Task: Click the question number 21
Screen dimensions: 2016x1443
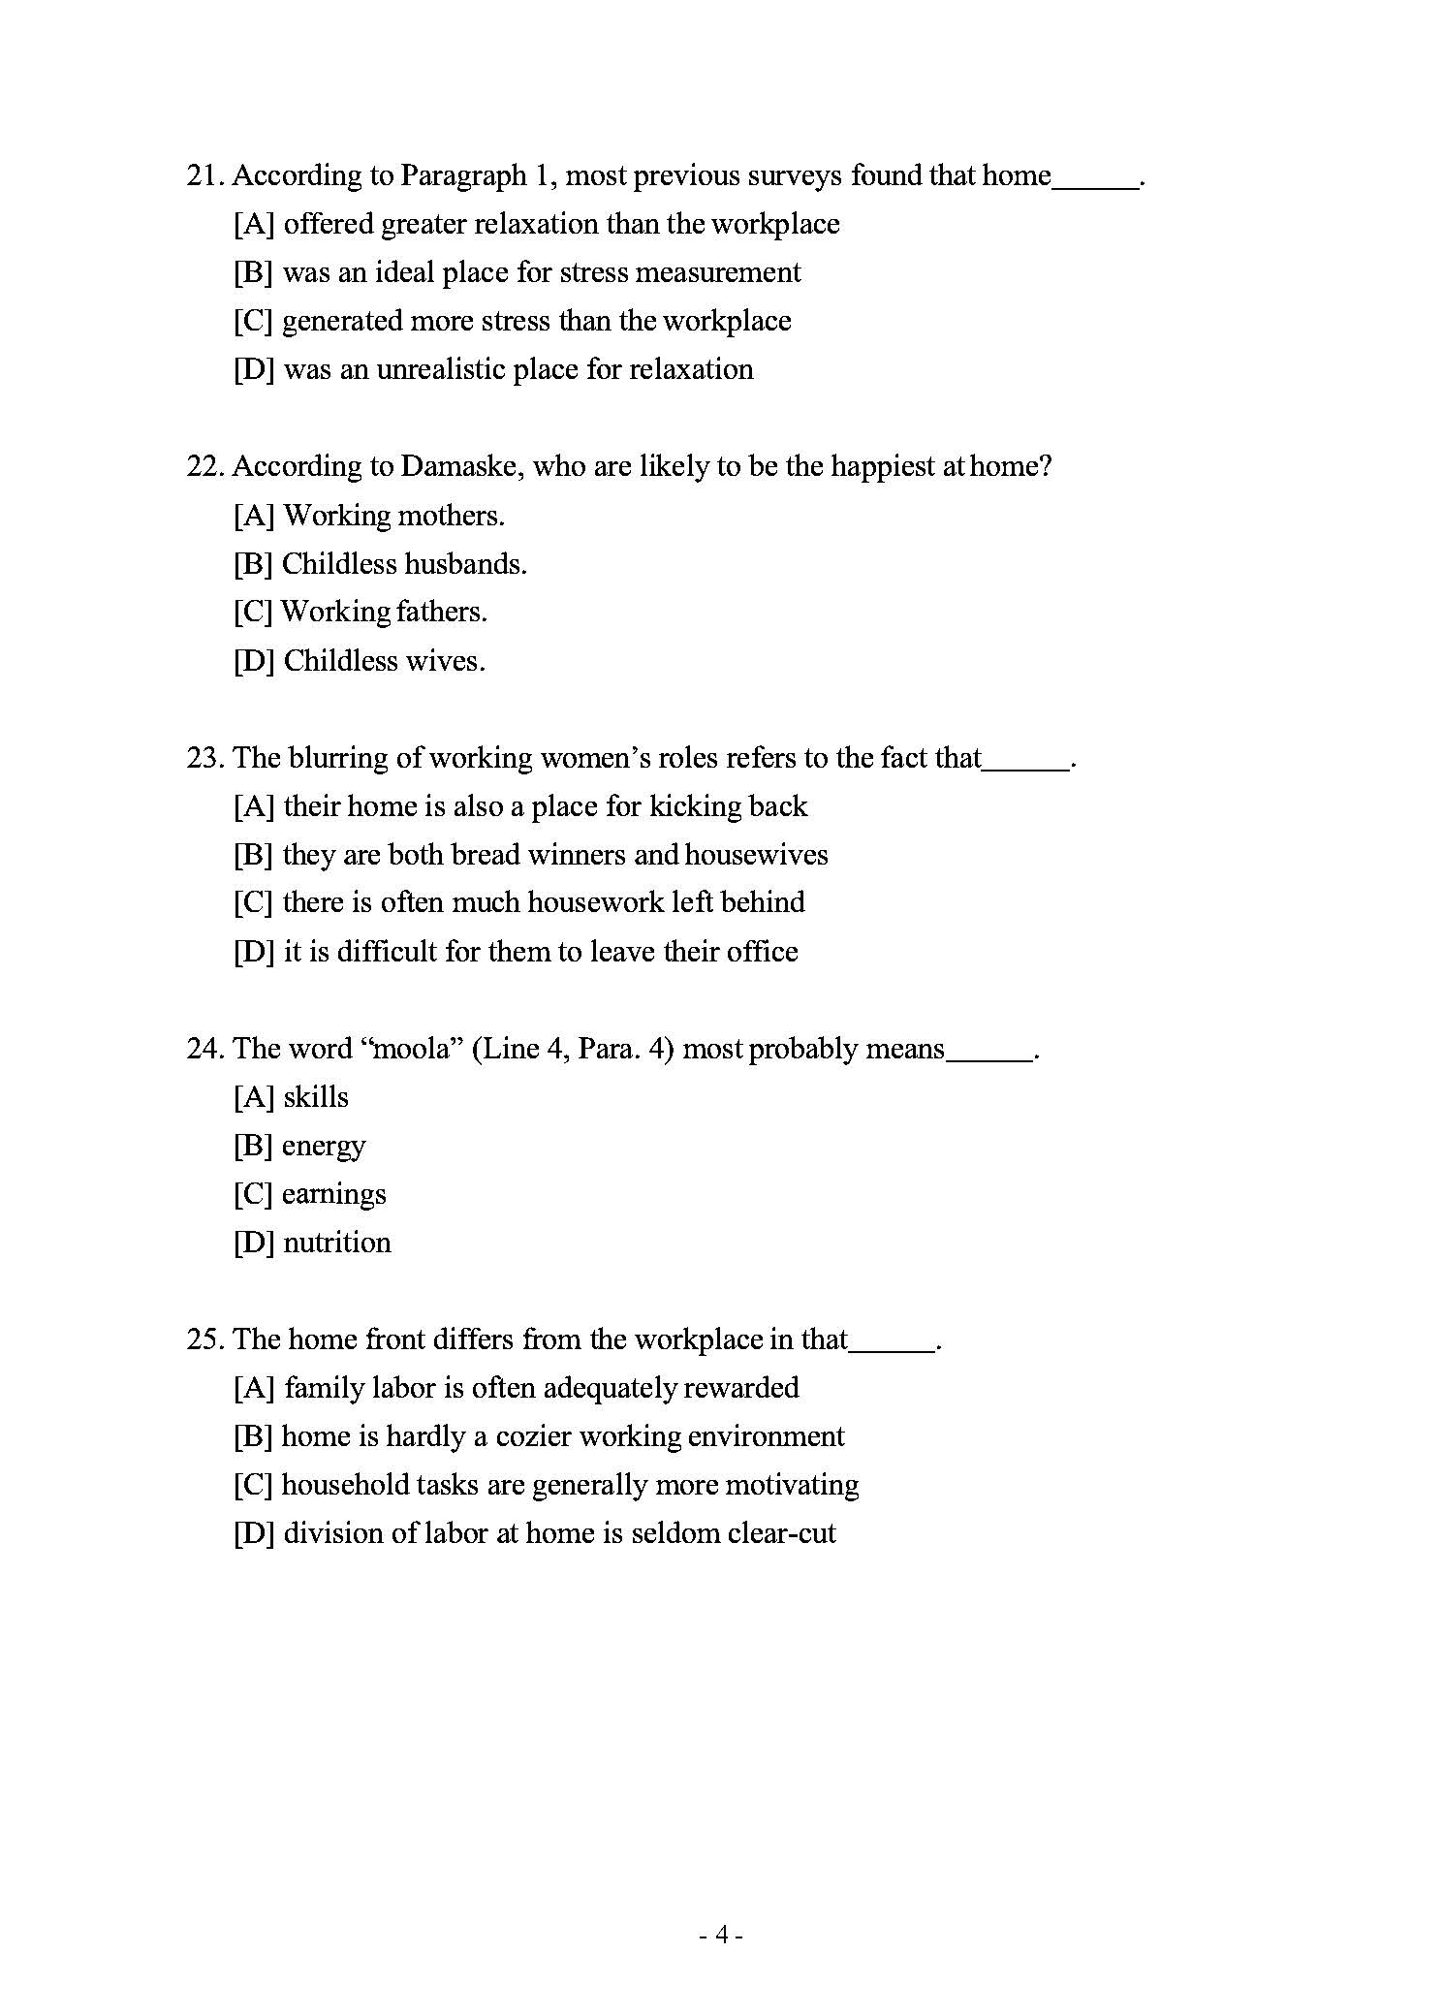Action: click(x=204, y=176)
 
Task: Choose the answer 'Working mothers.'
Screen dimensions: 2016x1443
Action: click(x=393, y=516)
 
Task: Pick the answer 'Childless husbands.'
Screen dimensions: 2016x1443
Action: click(x=404, y=564)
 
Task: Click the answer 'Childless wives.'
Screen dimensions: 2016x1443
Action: click(x=384, y=661)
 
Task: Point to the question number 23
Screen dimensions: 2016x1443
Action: click(x=204, y=758)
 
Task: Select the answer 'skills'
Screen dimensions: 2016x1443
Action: click(x=316, y=1097)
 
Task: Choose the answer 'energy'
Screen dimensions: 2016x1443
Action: click(x=324, y=1146)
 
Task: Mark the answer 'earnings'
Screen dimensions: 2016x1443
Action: click(x=333, y=1194)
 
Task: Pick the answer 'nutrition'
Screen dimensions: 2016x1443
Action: click(x=337, y=1243)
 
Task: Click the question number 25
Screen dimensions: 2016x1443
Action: click(x=204, y=1339)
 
